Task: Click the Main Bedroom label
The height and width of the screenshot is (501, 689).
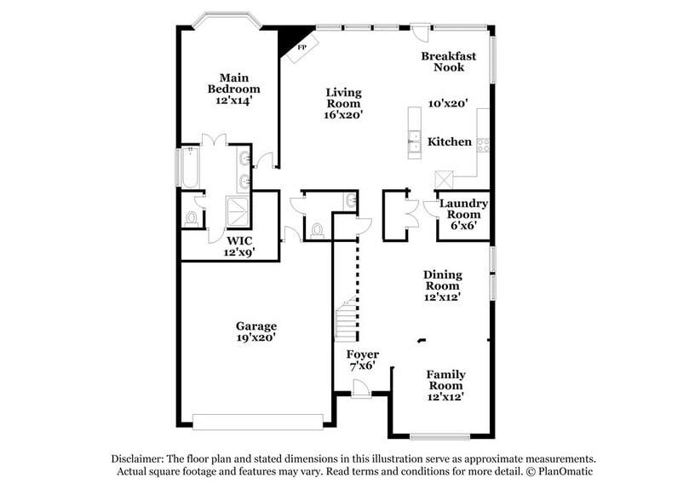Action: (x=234, y=83)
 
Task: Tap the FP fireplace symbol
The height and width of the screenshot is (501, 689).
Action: (x=301, y=48)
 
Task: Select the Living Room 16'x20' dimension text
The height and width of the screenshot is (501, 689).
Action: (x=344, y=115)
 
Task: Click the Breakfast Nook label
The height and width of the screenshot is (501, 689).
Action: (x=448, y=61)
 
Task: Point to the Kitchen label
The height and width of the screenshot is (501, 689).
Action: (x=450, y=141)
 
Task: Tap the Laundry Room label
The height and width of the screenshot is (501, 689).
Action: (x=463, y=209)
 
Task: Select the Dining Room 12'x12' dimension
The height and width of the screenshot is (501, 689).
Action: (x=443, y=297)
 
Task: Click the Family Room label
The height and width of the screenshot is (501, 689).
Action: (x=446, y=380)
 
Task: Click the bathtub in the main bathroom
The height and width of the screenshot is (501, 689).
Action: (x=189, y=168)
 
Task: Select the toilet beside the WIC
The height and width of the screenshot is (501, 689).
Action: (x=191, y=218)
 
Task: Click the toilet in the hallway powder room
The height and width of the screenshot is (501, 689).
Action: (x=318, y=230)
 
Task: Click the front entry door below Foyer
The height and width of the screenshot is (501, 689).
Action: (x=361, y=389)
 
